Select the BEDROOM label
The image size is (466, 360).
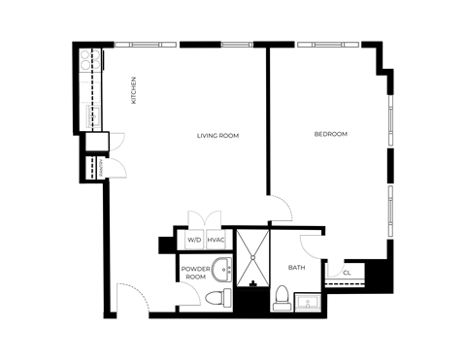pyautogui.click(x=330, y=134)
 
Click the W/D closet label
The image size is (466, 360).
pyautogui.click(x=194, y=239)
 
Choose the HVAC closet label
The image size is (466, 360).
pyautogui.click(x=216, y=239)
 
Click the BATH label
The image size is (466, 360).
pyautogui.click(x=297, y=267)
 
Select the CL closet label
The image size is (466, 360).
pyautogui.click(x=348, y=274)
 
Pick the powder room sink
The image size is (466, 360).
pyautogui.click(x=222, y=269)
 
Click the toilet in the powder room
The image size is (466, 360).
pyautogui.click(x=221, y=297)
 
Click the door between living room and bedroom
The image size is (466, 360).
pyautogui.click(x=279, y=207)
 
